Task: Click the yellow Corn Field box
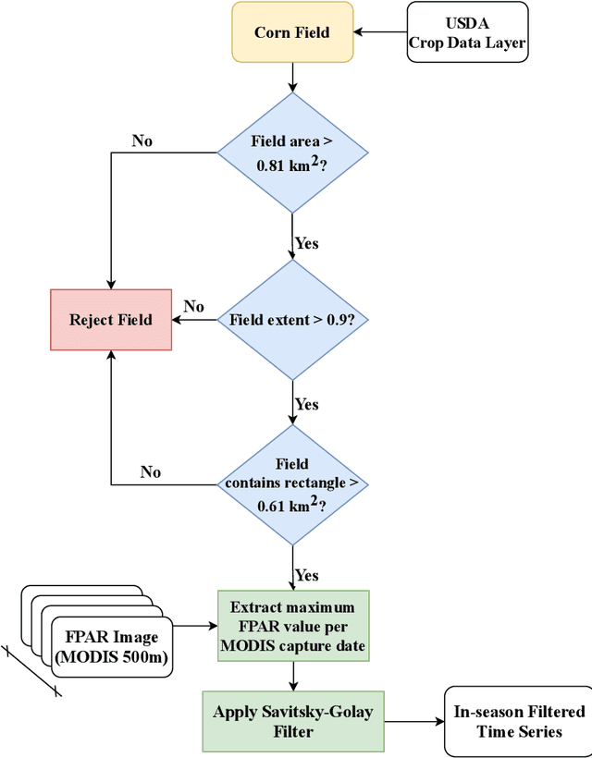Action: click(x=292, y=33)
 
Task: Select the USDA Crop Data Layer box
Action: click(x=467, y=33)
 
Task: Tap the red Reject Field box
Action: click(x=110, y=320)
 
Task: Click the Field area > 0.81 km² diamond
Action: click(x=292, y=153)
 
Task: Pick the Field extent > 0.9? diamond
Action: click(x=292, y=320)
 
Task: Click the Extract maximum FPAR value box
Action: click(x=292, y=626)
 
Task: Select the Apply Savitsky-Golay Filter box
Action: click(x=292, y=720)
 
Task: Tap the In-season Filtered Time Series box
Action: click(x=518, y=720)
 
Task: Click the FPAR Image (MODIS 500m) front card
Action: click(x=110, y=646)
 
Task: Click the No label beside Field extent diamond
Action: click(x=193, y=306)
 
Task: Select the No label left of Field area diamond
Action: click(x=142, y=141)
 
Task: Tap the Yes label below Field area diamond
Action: click(x=307, y=243)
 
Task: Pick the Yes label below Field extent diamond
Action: click(x=307, y=405)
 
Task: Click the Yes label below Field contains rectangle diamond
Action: click(x=307, y=575)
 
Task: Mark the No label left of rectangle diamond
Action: click(x=151, y=471)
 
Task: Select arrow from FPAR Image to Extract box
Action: click(x=193, y=626)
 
